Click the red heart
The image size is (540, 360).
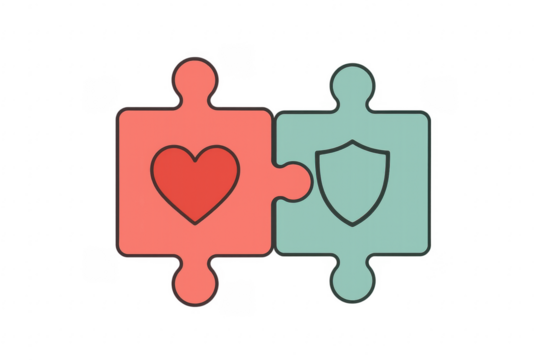pyautogui.click(x=195, y=182)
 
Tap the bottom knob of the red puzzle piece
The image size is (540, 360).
pyautogui.click(x=196, y=283)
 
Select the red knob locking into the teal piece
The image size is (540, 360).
pyautogui.click(x=292, y=181)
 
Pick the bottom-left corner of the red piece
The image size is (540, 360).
pyautogui.click(x=120, y=252)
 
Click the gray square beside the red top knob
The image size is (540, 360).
pyautogui.click(x=237, y=60)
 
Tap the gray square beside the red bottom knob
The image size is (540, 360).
pyautogui.click(x=237, y=297)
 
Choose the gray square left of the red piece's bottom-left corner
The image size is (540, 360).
pyautogui.click(x=100, y=264)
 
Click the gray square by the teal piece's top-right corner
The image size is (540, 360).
pyautogui.click(x=438, y=93)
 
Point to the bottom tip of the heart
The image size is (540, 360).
pyautogui.click(x=195, y=221)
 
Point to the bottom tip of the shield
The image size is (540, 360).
pyautogui.click(x=351, y=223)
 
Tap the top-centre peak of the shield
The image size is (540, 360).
pyautogui.click(x=351, y=141)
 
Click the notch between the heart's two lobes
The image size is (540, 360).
pyautogui.click(x=195, y=158)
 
